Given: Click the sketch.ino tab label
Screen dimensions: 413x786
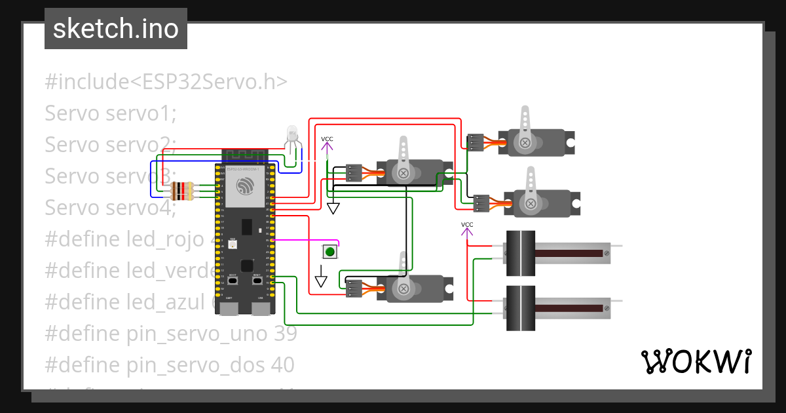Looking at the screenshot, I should coord(116,29).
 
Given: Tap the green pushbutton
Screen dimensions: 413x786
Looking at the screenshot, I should coord(330,251).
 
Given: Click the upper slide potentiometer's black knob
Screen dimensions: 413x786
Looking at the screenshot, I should coord(520,253).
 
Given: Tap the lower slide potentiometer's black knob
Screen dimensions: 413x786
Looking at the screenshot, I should coord(520,308).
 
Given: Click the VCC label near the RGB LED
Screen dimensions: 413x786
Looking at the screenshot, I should coord(327,139).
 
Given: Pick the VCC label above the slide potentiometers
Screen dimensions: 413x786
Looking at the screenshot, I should coord(467,225).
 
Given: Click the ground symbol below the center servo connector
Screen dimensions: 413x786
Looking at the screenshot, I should coord(333,208).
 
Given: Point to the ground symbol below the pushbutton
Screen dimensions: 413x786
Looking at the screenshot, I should coord(320,281).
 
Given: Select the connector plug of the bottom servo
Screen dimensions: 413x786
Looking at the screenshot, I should coord(354,288).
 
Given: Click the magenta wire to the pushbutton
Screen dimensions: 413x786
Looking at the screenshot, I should coord(305,240).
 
